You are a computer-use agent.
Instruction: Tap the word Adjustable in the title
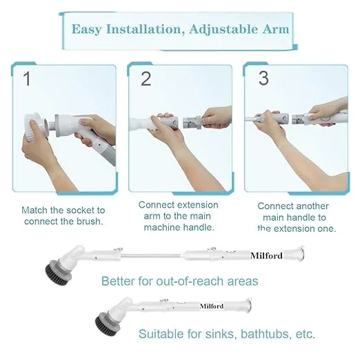coord(224,30)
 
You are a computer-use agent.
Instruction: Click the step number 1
coord(28,79)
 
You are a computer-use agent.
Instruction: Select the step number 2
coord(146,79)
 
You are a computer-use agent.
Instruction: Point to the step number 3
coord(263,78)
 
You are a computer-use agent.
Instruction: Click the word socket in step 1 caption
coord(77,210)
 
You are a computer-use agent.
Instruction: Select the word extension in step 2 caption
coord(194,205)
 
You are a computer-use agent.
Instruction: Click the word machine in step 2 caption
coord(162,228)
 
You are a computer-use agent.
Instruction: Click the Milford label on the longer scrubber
coord(266,256)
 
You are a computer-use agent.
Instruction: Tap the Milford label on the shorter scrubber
coord(212,306)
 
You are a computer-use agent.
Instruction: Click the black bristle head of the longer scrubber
coord(59,274)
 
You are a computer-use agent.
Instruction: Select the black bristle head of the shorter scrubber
coord(108,326)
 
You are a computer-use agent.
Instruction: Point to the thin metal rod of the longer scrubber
coord(152,256)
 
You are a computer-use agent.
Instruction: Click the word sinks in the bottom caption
coord(221,334)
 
